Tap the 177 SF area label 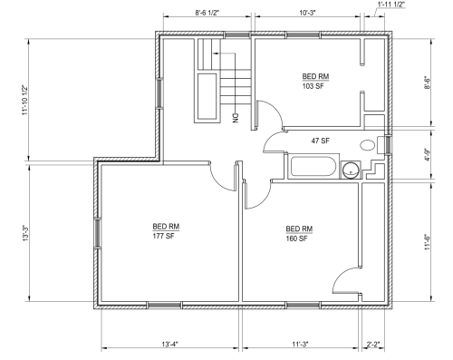163,236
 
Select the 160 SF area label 296,238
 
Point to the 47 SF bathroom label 321,141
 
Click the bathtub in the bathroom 313,166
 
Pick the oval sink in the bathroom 368,145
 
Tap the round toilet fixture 351,170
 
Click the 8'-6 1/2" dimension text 207,13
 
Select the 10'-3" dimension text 308,13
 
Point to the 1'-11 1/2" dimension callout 391,5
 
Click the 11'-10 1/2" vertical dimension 24,100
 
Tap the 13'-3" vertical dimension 25,233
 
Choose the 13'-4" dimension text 170,344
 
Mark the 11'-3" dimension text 300,344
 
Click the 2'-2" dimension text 373,344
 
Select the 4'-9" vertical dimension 427,154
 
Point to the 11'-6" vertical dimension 427,242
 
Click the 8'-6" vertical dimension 427,83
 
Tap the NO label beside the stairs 236,118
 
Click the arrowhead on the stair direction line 216,54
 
